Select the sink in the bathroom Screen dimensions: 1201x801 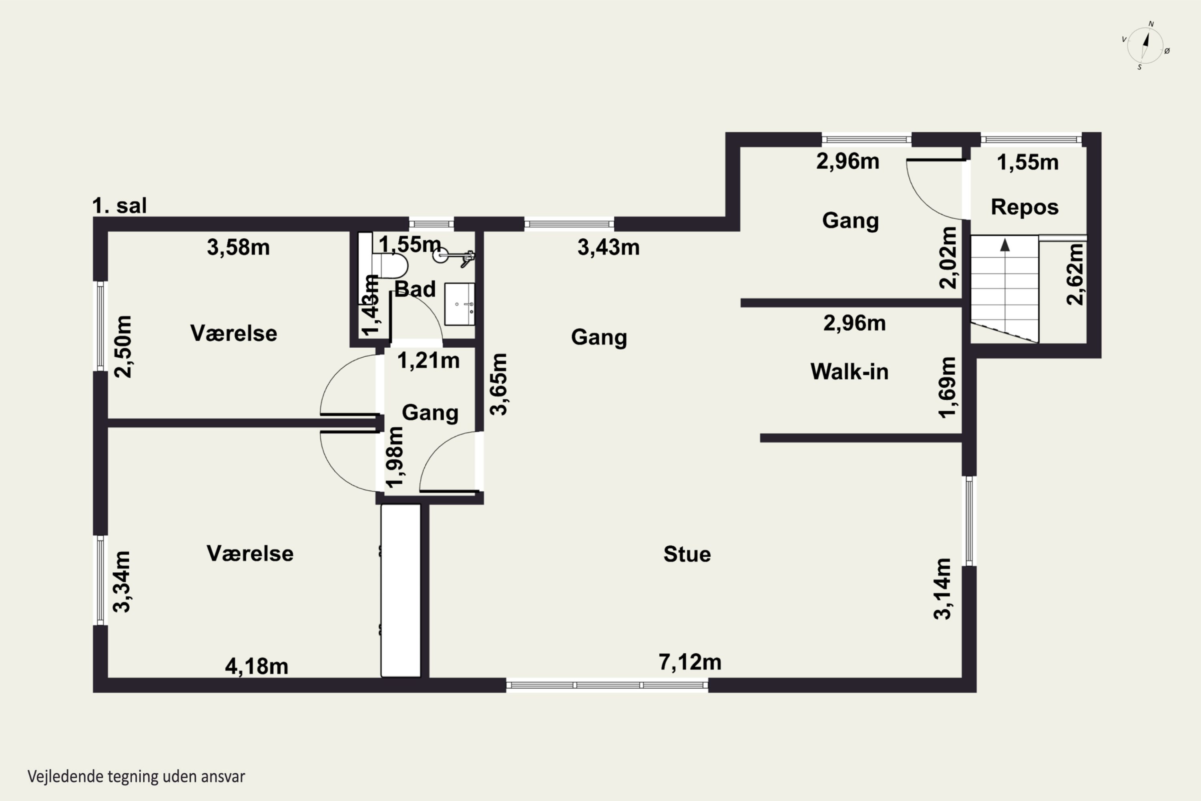(x=460, y=304)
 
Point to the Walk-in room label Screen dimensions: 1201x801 (x=849, y=371)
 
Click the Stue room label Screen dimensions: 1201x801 (x=687, y=554)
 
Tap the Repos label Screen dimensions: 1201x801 (x=1024, y=207)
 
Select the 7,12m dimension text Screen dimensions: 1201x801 (x=690, y=662)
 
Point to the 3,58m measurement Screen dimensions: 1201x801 (x=239, y=247)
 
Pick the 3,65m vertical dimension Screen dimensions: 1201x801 (x=499, y=384)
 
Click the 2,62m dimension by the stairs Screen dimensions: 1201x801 (x=1075, y=274)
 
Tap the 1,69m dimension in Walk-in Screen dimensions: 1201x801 (x=947, y=387)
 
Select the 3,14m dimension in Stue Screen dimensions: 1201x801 (x=943, y=589)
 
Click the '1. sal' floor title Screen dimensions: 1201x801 (x=119, y=206)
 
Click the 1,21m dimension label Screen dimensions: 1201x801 (x=428, y=361)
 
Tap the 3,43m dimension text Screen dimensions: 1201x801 (x=609, y=247)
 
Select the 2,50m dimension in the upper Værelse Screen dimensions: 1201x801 (x=123, y=346)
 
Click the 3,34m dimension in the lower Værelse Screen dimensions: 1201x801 (x=122, y=582)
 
